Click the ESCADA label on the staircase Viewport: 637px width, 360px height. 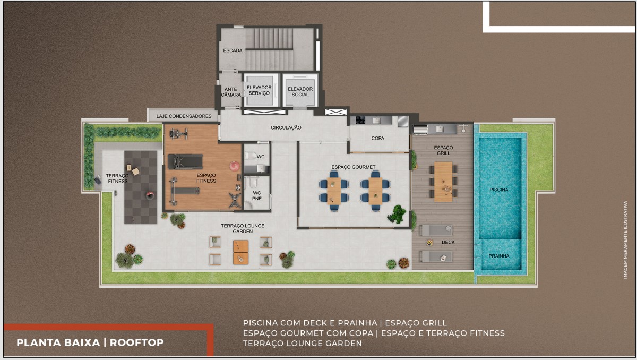(233, 50)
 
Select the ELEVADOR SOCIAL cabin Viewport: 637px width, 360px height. (300, 90)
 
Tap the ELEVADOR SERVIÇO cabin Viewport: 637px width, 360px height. (260, 90)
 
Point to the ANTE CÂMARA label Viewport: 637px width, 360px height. (231, 92)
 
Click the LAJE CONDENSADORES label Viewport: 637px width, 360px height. (184, 116)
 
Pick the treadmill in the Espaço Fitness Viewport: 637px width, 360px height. (185, 161)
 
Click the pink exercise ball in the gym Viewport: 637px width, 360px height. (235, 166)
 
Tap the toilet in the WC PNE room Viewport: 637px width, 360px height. (253, 182)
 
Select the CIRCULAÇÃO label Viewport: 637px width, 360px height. (286, 127)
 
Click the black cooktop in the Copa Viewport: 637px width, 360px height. (360, 120)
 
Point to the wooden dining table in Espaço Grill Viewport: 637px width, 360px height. (443, 182)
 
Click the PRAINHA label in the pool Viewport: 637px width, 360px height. (499, 256)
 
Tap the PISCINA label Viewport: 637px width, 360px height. (499, 190)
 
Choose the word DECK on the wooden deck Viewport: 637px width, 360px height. (448, 242)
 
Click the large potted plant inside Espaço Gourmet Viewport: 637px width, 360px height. (397, 214)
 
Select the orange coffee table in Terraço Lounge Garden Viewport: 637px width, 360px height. (240, 252)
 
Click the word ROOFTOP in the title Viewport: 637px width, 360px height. (137, 342)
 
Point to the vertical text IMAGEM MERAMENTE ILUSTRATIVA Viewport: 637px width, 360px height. (625, 239)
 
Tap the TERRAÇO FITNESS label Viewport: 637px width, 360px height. (117, 178)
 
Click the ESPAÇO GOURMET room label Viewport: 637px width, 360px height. (354, 167)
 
